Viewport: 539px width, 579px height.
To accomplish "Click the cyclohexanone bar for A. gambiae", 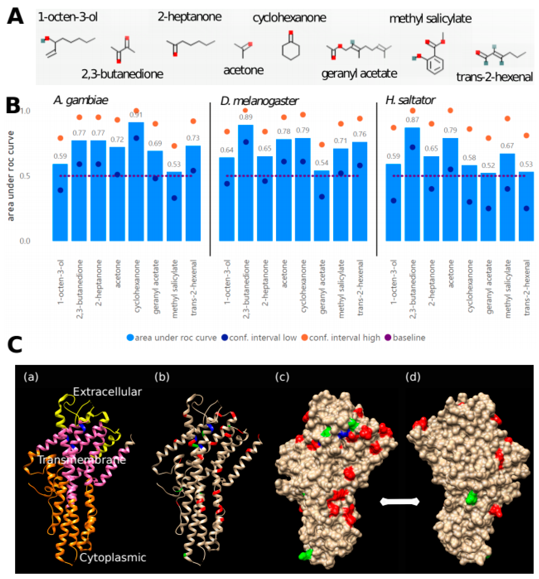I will click(136, 181).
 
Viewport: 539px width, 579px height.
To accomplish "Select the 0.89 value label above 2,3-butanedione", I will click(246, 117).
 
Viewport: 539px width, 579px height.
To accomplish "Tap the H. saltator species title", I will click(410, 100).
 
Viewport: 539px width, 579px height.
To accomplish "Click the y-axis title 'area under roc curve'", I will click(11, 176).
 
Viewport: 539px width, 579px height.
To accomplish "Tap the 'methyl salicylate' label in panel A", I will click(430, 19).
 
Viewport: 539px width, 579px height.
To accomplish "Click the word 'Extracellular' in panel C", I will click(107, 392).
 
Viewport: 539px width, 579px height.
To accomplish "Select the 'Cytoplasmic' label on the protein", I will click(113, 557).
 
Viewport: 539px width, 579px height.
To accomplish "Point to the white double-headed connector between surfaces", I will click(400, 502).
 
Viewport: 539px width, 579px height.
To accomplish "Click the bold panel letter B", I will click(13, 106).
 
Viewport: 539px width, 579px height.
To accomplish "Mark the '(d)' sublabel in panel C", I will click(413, 377).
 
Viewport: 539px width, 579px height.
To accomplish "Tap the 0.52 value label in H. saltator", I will click(488, 165).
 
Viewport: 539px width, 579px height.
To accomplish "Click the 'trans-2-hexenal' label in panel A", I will click(494, 77).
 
